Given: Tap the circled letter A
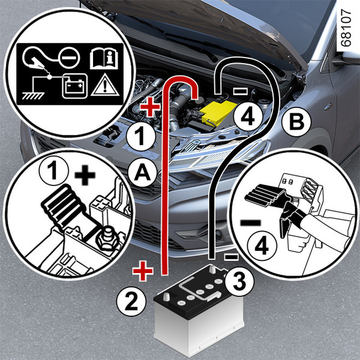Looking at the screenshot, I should [142, 173].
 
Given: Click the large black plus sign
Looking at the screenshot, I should [87, 176].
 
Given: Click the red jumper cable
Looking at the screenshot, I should [163, 180].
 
